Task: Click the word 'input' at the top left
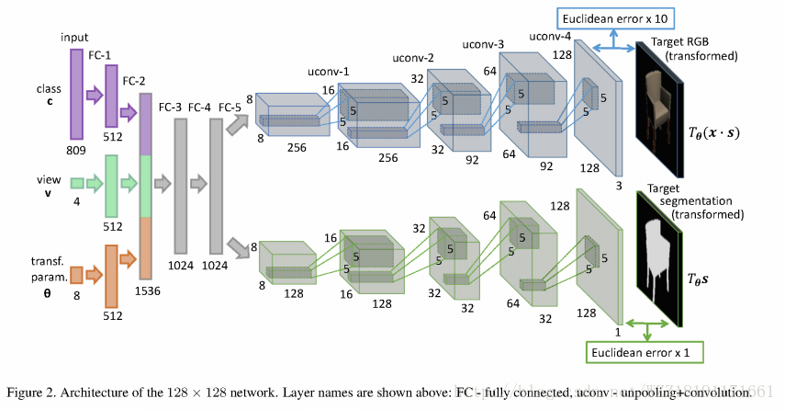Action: click(x=75, y=37)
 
